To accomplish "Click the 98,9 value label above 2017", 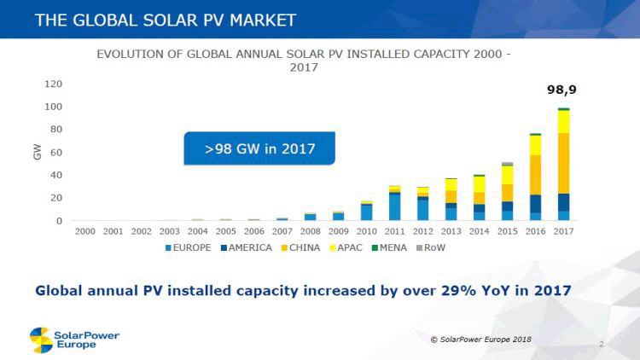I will [561, 89].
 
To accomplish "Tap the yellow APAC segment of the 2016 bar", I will [535, 145].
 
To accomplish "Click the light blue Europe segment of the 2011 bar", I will [395, 206].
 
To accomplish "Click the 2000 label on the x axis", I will [85, 231].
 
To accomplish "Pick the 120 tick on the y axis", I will [53, 84].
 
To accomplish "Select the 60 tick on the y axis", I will [55, 152].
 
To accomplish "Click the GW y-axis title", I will [36, 152].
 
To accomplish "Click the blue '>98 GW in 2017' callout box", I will [259, 149].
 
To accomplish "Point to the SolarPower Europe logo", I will [74, 340].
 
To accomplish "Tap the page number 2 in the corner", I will [602, 344].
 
